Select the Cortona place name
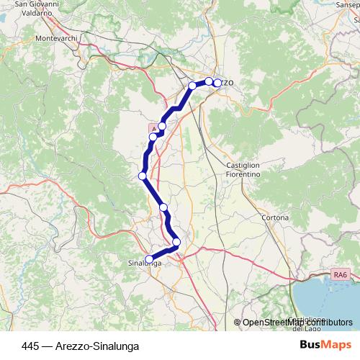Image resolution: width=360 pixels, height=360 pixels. coord(275,217)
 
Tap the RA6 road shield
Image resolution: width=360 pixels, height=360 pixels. coord(338,274)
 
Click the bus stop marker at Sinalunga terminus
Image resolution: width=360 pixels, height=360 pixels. coord(150,259)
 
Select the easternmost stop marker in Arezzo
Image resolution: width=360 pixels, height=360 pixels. coord(217,83)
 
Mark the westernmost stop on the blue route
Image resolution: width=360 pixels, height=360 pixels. coord(143,176)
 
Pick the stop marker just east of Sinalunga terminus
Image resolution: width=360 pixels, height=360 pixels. coord(176,242)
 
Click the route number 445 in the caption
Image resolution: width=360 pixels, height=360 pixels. coord(31,346)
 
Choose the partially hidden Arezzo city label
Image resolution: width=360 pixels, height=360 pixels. coord(225,83)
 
